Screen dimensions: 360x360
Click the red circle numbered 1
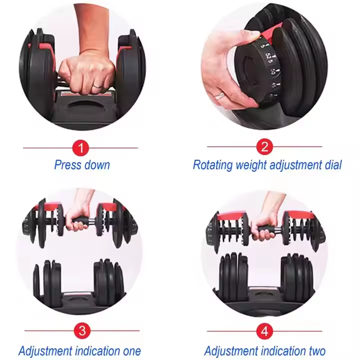click(x=80, y=148)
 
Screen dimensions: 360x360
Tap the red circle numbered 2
click(x=264, y=146)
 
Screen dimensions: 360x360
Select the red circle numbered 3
click(x=82, y=331)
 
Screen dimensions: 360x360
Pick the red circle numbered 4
click(x=264, y=331)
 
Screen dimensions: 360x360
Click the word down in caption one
click(x=97, y=165)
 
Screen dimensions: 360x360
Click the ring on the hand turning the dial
click(x=219, y=95)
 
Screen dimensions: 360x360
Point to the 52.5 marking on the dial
click(x=269, y=57)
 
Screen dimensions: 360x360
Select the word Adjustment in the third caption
click(x=45, y=351)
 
